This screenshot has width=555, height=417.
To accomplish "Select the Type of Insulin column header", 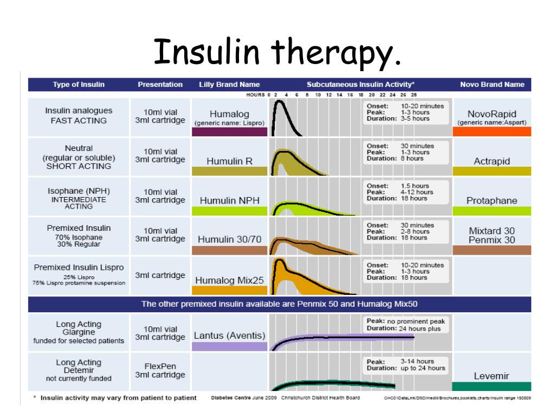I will [x=79, y=84].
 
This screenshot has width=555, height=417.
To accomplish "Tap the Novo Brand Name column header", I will [x=492, y=84].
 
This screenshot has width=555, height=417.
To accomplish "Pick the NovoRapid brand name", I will [x=492, y=114].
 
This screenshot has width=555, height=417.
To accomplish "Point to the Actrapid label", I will [x=492, y=161].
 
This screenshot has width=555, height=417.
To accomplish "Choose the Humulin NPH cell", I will [x=229, y=200].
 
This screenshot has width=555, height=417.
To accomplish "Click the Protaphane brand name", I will [x=492, y=200].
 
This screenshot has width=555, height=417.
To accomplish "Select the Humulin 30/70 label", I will [x=229, y=239].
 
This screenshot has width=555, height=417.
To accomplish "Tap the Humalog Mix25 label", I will [x=229, y=280].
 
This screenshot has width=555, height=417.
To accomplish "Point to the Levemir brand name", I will [x=492, y=375].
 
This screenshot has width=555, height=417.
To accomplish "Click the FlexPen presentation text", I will [x=160, y=365].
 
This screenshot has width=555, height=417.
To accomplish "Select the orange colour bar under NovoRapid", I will [x=492, y=131].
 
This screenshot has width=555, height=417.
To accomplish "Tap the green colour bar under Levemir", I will [x=492, y=386].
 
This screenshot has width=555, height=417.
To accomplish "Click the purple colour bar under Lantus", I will [x=229, y=346].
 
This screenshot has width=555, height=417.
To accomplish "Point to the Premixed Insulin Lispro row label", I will [x=79, y=268].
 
